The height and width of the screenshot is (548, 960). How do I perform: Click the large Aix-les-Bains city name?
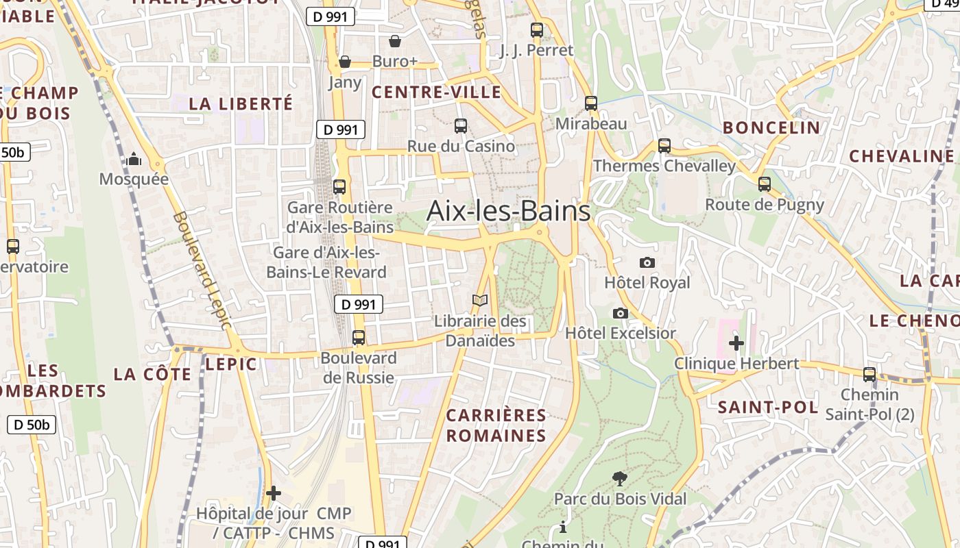508,211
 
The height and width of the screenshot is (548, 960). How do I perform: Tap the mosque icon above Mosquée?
134,160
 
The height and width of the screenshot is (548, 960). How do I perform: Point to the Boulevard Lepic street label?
203,270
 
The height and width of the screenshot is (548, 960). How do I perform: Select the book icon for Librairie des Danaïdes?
480,301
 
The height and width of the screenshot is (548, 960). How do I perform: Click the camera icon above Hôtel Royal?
647,262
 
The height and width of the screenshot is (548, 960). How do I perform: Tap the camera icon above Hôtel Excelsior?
621,313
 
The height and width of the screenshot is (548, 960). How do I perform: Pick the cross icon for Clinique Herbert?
736,342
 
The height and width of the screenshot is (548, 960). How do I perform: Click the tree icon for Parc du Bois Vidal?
620,478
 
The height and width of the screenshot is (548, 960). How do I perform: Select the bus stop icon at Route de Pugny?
765,184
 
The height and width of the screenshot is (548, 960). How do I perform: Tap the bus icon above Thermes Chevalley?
664,146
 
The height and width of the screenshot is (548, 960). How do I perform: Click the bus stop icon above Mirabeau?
591,103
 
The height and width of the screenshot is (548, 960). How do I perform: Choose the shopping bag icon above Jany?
345,62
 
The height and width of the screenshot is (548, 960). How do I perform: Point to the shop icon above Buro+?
395,42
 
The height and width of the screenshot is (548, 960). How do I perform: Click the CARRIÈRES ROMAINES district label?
496,425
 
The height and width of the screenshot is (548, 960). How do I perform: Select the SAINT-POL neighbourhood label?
767,408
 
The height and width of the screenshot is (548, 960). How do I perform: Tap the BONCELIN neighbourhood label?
771,127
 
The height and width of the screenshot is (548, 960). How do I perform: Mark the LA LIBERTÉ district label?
241,104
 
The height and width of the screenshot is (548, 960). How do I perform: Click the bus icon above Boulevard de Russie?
358,338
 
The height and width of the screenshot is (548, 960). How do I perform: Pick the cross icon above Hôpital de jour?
274,493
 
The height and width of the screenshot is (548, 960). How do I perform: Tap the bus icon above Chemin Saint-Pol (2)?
869,375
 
